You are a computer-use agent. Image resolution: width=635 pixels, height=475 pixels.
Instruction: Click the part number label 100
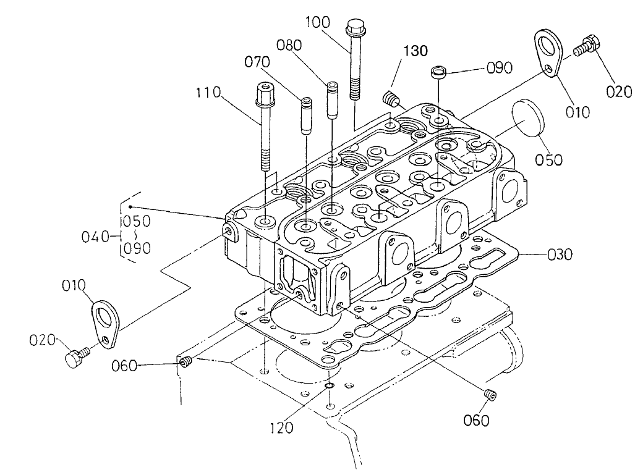318,22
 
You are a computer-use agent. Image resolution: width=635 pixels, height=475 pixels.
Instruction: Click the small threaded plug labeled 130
390,98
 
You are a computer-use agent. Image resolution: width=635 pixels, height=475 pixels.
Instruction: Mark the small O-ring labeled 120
330,387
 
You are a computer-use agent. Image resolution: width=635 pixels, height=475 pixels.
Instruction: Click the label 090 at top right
500,68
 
